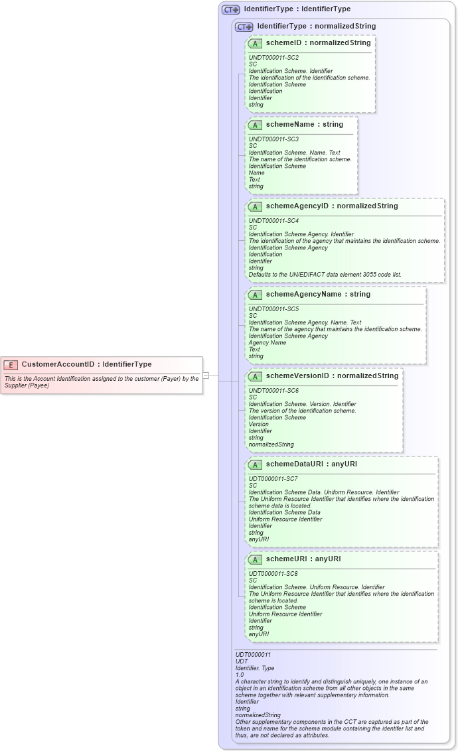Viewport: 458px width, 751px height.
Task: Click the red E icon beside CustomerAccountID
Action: pos(11,364)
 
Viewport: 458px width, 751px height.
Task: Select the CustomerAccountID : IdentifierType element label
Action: pos(86,364)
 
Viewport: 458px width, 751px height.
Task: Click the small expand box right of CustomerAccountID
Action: pos(206,376)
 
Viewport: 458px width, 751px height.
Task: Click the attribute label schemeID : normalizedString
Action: pos(318,43)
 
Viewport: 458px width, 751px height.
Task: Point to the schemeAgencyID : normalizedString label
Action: pos(332,206)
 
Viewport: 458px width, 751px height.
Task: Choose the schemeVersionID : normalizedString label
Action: pos(332,376)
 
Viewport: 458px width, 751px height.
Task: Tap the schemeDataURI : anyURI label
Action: pos(311,464)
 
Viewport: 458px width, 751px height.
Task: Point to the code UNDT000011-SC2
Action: pos(273,58)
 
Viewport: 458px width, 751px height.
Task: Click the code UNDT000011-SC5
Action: pos(273,309)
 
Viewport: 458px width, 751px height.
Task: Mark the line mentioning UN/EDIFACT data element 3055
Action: pos(325,275)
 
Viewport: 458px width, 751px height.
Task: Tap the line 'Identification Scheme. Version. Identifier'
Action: pos(302,404)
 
